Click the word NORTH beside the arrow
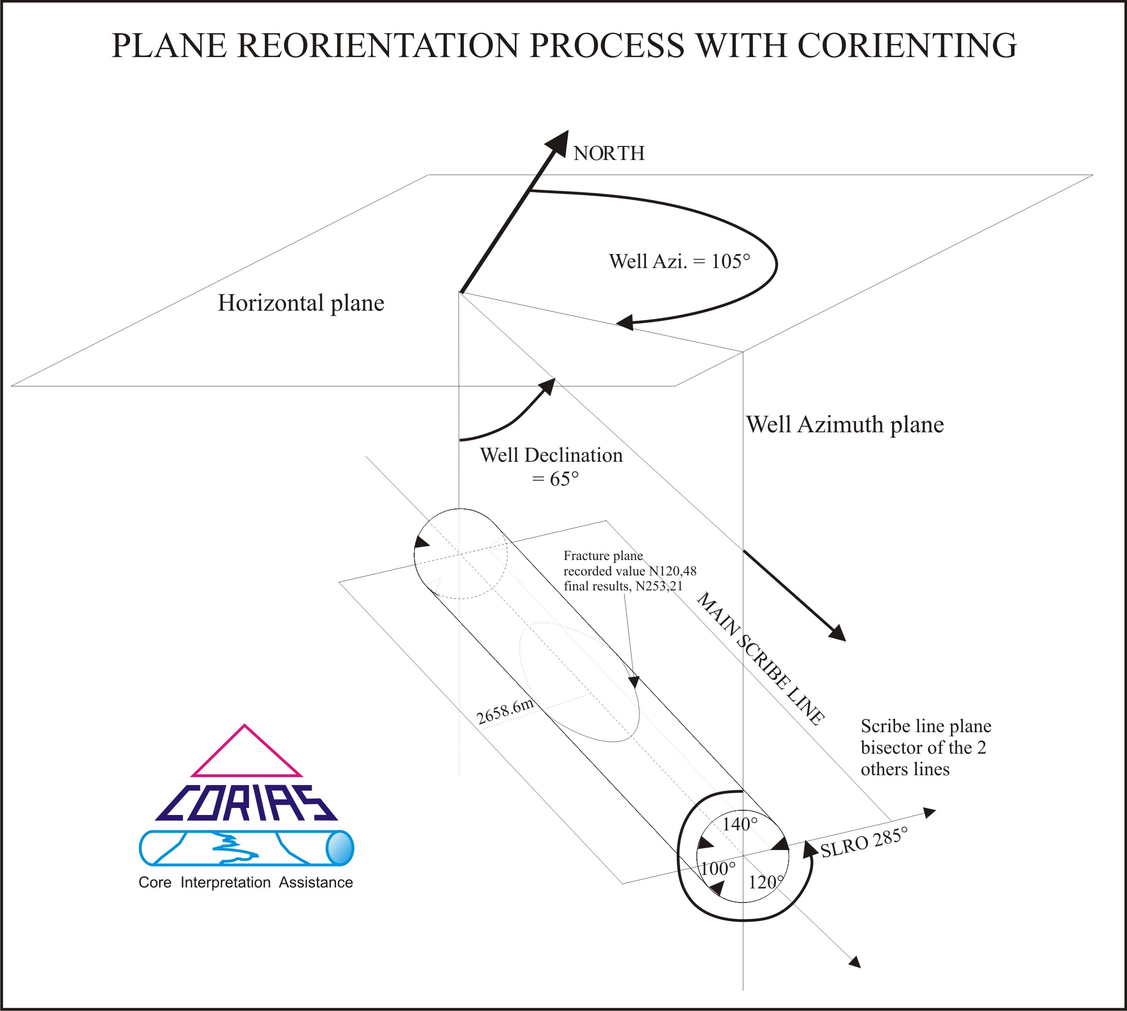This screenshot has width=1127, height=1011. point(608,153)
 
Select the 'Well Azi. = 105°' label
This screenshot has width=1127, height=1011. point(679,261)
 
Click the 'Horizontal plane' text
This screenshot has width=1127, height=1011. point(300,303)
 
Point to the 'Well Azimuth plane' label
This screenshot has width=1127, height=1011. point(845,424)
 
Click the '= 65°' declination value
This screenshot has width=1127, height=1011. point(555,479)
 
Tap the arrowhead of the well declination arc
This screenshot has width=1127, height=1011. point(549,385)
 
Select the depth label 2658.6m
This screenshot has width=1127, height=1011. point(505,712)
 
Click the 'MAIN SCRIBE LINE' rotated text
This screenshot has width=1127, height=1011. point(760,659)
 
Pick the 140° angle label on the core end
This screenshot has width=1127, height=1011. point(739,824)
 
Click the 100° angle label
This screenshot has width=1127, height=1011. point(717,869)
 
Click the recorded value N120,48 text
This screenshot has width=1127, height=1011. point(629,571)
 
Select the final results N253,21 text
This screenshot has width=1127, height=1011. point(623,586)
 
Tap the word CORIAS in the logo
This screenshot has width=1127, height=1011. point(246,803)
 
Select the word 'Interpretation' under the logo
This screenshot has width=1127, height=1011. point(225,882)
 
